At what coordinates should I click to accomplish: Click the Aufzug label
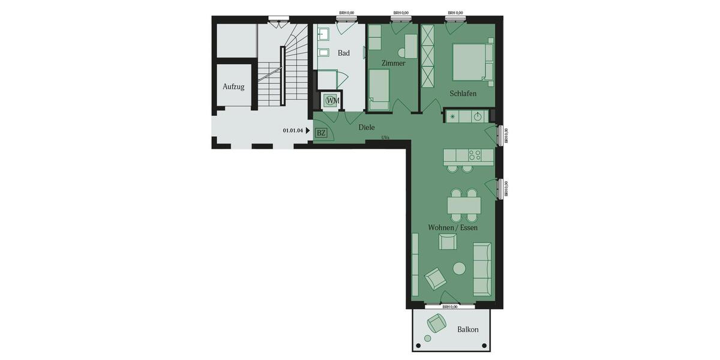coord(233,86)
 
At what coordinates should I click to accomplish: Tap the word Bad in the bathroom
coord(343,53)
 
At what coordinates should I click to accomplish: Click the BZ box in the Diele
coord(321,133)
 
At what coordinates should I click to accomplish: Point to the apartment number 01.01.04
coord(292,130)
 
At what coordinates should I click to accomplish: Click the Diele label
coord(367,127)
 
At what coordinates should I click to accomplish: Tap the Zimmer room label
coord(393,63)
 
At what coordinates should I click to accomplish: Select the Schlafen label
coord(463,94)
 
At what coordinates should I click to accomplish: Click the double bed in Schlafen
coord(470,62)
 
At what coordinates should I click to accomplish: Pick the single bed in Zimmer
coord(378,89)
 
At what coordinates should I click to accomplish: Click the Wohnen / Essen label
coord(452,228)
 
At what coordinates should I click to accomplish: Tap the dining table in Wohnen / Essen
coord(464,205)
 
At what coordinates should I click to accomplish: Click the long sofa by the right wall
coord(482,269)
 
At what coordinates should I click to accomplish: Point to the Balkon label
coord(467,329)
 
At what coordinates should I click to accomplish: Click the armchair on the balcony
coord(436,325)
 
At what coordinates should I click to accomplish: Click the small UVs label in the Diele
coord(385,137)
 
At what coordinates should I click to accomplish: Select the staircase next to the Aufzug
coord(282,66)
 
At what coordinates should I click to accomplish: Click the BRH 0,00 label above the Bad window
coord(346,13)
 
